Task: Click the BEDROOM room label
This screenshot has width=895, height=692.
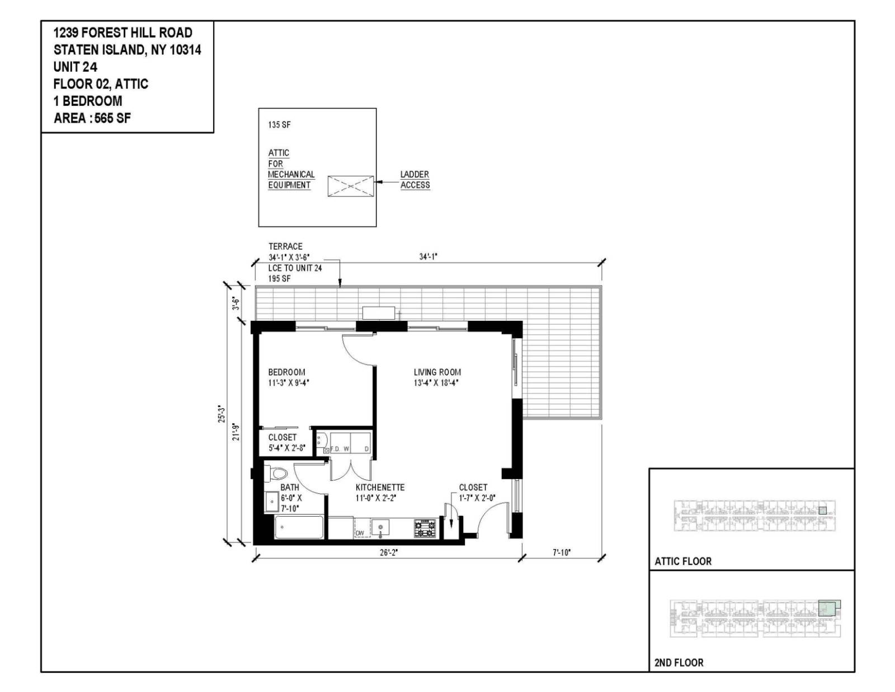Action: (286, 372)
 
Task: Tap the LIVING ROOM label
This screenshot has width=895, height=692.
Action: (437, 372)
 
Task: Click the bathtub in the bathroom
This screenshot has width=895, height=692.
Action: (299, 527)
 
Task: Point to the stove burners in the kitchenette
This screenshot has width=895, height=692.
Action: (424, 528)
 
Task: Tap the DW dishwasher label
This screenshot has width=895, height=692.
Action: (360, 533)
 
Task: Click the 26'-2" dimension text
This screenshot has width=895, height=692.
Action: (388, 553)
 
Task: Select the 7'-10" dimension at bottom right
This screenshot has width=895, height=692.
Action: (562, 553)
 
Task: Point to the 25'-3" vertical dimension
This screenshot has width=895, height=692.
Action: (222, 414)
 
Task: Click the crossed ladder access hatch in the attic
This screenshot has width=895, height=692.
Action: (350, 186)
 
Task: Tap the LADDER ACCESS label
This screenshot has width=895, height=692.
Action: (414, 180)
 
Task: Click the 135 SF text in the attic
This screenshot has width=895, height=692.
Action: (279, 125)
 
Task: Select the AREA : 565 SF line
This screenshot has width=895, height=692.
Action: (92, 118)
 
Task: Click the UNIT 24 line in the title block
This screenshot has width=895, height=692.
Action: (75, 67)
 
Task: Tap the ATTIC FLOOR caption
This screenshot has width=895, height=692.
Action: (683, 561)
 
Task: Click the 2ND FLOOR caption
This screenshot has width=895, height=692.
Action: (679, 663)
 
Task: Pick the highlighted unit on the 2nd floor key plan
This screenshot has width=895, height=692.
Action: (828, 608)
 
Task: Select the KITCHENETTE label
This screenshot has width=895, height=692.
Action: (380, 488)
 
